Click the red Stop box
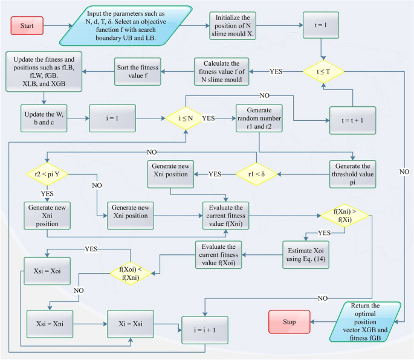coord(289,322)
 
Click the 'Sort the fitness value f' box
coord(137,71)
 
